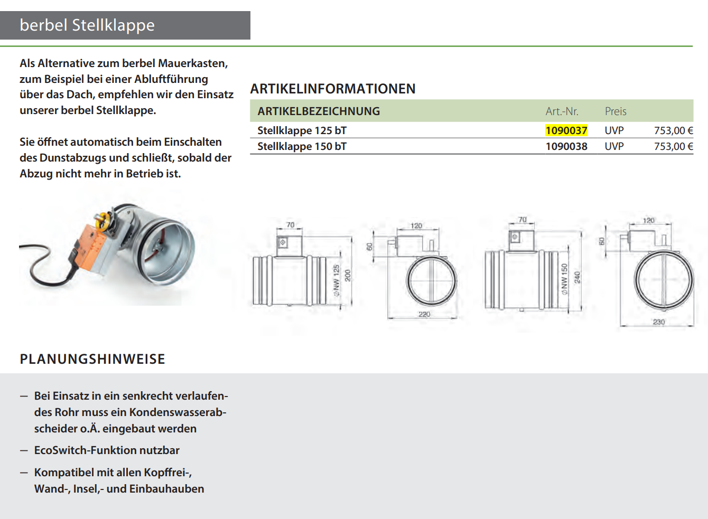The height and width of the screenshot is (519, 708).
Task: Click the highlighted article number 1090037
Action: (x=566, y=130)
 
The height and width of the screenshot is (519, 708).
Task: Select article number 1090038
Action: (x=566, y=146)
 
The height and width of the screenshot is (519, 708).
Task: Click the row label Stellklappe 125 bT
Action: (x=302, y=130)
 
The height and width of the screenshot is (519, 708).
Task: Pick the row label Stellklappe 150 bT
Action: (x=302, y=146)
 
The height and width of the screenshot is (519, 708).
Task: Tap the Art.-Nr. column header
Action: (x=562, y=111)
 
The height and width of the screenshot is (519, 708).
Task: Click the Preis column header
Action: (x=616, y=111)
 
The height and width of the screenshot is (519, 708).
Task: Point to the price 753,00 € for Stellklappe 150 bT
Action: (x=673, y=146)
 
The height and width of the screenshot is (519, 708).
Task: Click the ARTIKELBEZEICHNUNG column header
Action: (x=319, y=111)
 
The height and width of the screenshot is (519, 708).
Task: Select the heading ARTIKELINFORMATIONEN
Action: (x=333, y=89)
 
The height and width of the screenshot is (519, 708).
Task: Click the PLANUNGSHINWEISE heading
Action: (x=92, y=359)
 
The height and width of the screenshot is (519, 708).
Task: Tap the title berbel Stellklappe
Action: (x=87, y=25)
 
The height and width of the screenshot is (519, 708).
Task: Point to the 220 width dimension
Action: (x=424, y=314)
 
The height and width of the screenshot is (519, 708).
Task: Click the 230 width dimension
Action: (x=659, y=322)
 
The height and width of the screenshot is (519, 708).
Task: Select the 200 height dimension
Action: (x=348, y=276)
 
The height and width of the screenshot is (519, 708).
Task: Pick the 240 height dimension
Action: (x=577, y=278)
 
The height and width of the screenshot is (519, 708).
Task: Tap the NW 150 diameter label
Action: (x=564, y=278)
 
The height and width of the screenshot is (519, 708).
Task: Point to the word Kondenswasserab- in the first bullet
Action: (x=178, y=412)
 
